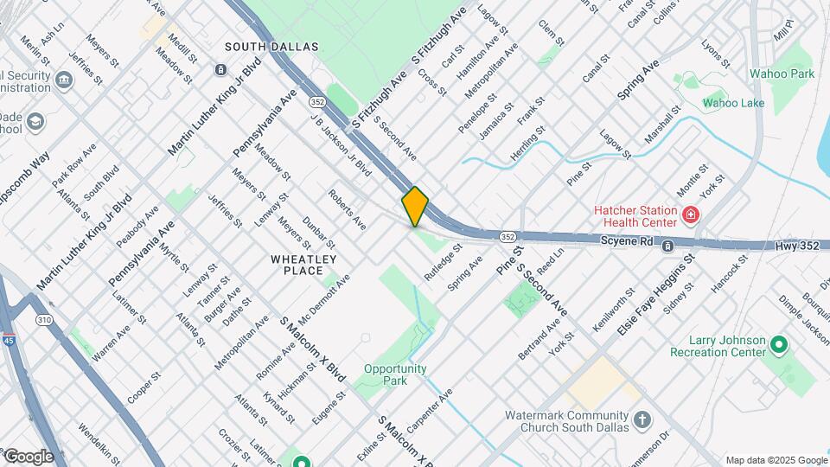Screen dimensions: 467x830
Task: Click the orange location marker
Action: [x=415, y=206]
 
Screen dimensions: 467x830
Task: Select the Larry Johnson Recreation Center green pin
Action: [x=779, y=346]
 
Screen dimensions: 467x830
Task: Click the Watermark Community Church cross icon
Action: [x=642, y=419]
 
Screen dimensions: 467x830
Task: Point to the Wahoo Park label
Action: [x=782, y=74]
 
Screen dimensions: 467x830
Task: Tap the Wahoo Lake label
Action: [x=733, y=103]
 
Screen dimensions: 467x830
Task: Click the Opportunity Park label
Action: [x=395, y=374]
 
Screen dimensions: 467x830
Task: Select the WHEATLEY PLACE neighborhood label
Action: [x=303, y=265]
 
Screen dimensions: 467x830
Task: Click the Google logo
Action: [x=28, y=456]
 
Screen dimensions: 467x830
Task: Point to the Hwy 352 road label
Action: [x=795, y=246]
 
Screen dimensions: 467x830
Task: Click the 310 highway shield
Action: [x=43, y=320]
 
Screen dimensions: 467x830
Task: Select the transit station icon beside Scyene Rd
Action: [x=668, y=246]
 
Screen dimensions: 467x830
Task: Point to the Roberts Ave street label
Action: [x=347, y=208]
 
